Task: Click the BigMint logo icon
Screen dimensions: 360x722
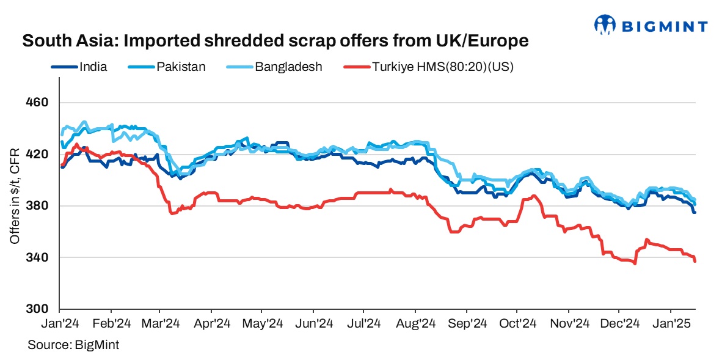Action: pyautogui.click(x=604, y=25)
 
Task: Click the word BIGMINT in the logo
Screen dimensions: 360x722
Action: pyautogui.click(x=665, y=26)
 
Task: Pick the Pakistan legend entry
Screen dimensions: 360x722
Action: pyautogui.click(x=181, y=67)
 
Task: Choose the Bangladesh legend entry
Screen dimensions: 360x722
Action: pyautogui.click(x=288, y=67)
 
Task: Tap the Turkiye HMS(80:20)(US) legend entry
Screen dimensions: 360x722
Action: pyautogui.click(x=442, y=67)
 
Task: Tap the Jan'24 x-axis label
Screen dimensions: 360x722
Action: pyautogui.click(x=60, y=323)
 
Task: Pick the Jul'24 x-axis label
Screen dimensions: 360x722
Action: pyautogui.click(x=364, y=323)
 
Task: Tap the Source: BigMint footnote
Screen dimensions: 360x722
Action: pyautogui.click(x=73, y=345)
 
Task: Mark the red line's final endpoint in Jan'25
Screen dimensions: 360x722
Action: pyautogui.click(x=695, y=261)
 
